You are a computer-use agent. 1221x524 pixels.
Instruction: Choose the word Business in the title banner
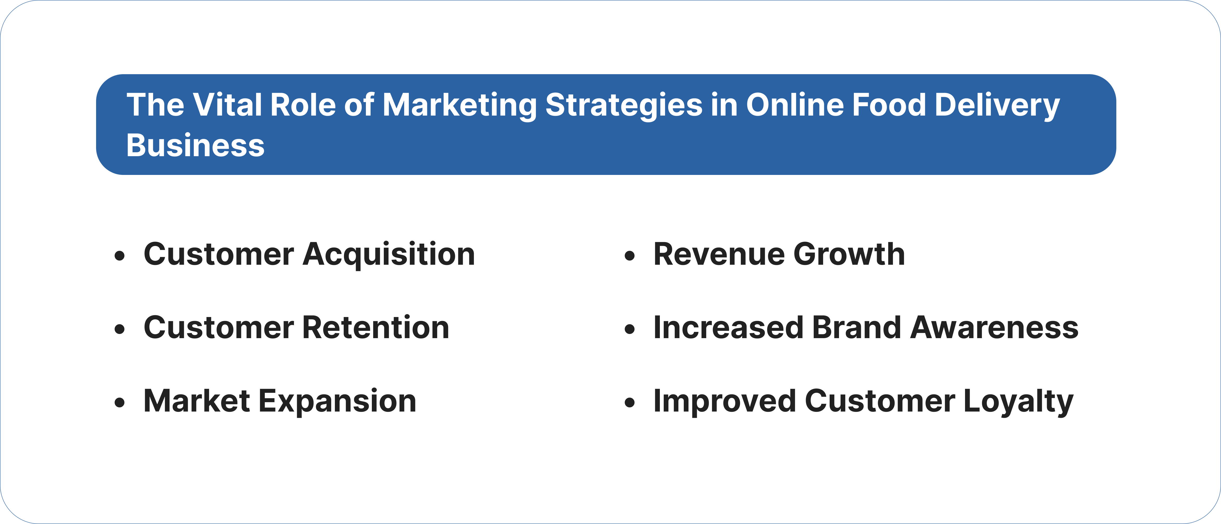click(195, 146)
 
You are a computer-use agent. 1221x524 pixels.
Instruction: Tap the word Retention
click(376, 328)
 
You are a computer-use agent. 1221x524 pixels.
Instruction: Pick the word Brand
click(856, 328)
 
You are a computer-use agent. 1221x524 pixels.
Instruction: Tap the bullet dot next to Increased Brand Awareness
click(629, 329)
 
